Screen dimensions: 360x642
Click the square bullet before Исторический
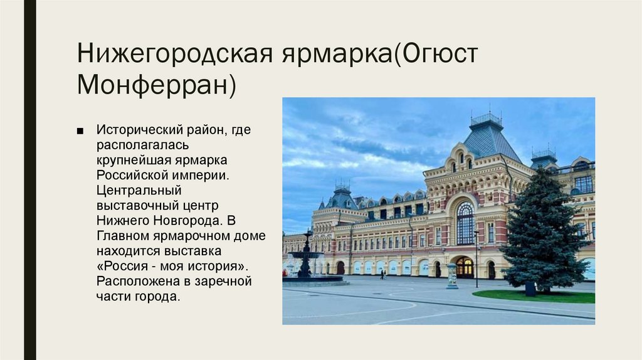[80, 130]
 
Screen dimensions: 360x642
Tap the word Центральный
[139, 190]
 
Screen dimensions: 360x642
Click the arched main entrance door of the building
[465, 268]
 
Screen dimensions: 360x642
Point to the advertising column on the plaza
[452, 277]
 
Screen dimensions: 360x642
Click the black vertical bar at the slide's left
[29, 180]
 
